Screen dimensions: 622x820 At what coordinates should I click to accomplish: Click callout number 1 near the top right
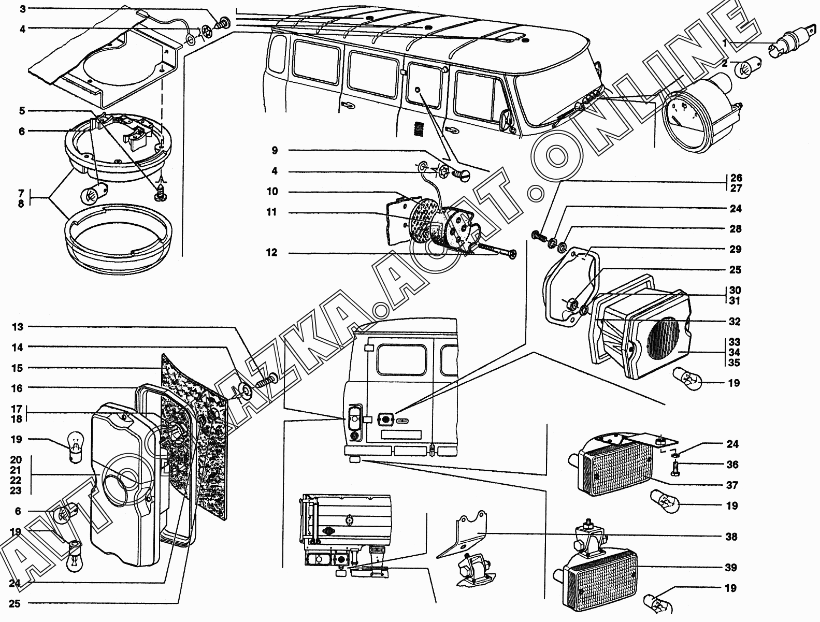725,44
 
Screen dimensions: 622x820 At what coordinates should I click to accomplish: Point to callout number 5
22,111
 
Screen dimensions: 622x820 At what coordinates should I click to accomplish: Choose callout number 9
274,151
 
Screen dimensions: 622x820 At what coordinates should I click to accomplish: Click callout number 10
272,192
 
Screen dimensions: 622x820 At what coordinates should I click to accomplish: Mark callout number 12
272,253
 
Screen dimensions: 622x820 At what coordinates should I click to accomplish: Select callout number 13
18,327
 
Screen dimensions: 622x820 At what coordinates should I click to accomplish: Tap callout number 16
18,388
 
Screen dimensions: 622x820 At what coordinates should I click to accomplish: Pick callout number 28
736,229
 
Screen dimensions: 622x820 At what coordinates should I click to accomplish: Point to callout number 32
735,322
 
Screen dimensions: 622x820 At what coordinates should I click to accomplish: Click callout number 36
731,465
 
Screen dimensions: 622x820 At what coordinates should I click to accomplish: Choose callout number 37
731,485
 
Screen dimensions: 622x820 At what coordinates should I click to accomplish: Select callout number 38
731,537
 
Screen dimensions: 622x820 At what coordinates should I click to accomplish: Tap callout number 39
731,568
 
